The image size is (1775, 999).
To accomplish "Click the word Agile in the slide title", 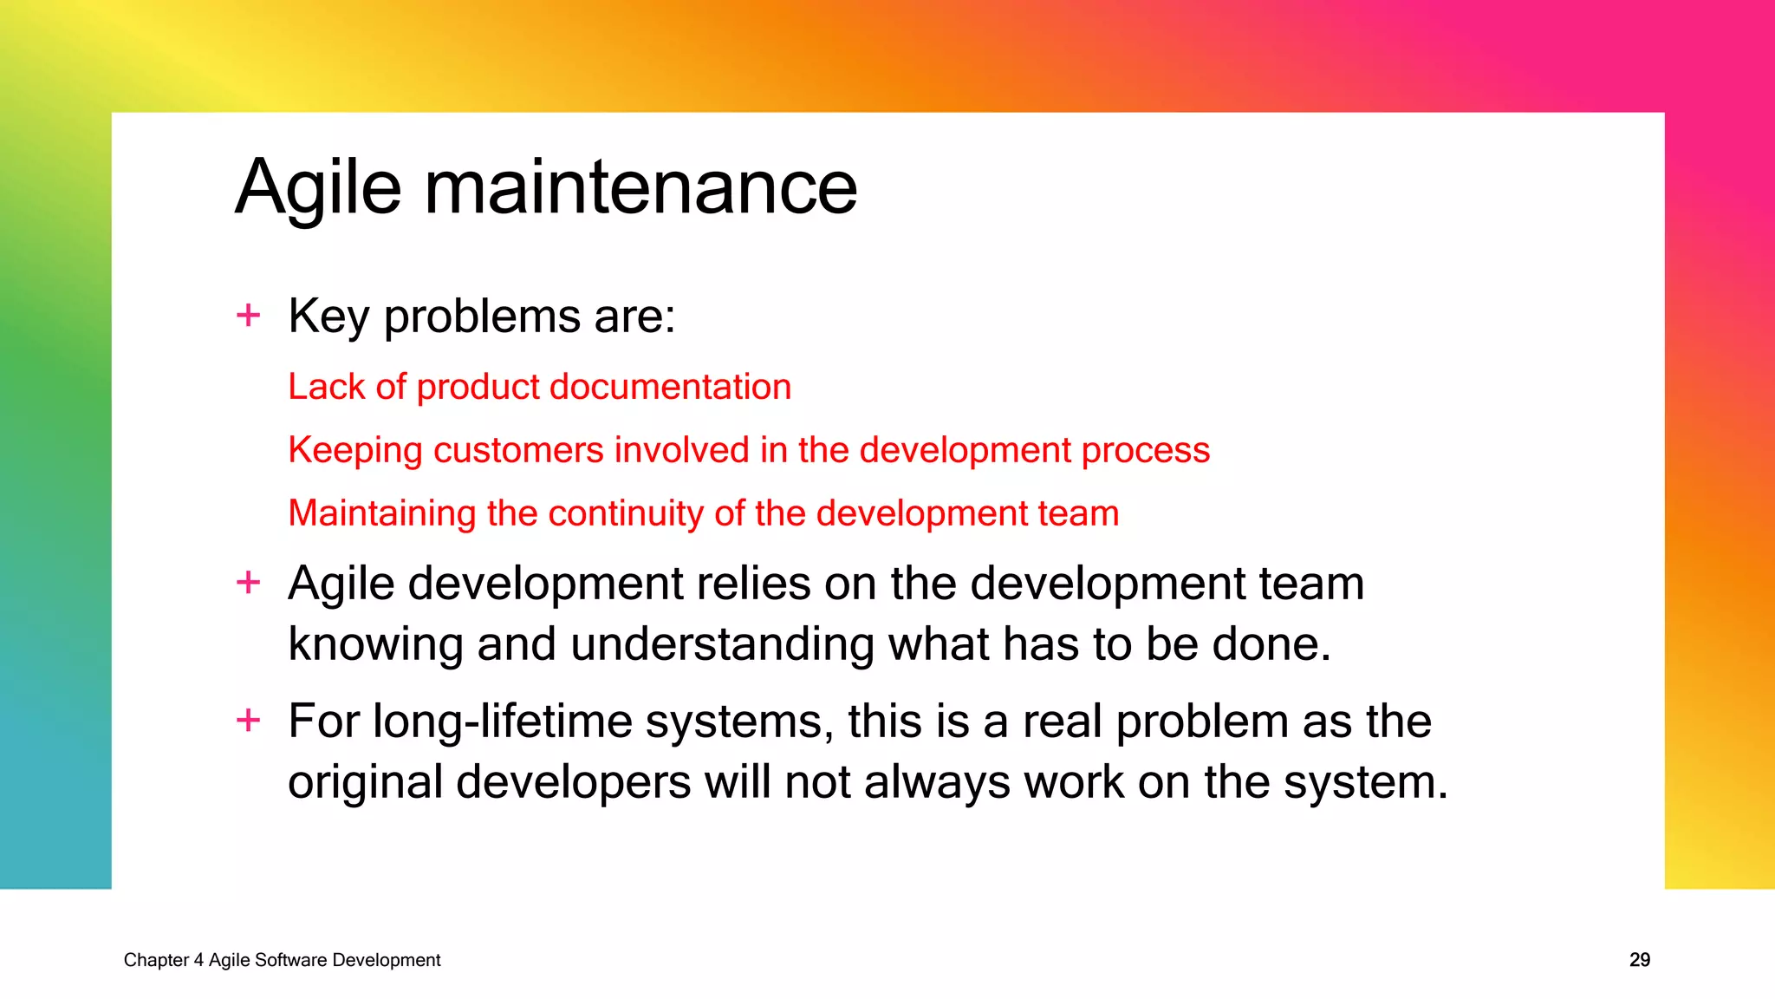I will pos(318,188).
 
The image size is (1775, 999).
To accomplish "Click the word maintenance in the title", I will pos(640,188).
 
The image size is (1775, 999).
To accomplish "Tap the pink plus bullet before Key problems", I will pos(249,315).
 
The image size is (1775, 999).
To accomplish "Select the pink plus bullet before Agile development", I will pos(249,582).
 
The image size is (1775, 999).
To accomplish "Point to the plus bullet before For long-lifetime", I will pos(249,720).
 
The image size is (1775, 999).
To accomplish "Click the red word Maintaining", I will pos(381,513).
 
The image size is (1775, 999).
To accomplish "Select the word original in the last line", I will pos(365,782).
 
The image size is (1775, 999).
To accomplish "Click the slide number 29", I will pos(1639,960).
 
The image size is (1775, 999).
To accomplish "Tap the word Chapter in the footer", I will pos(156,960).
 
